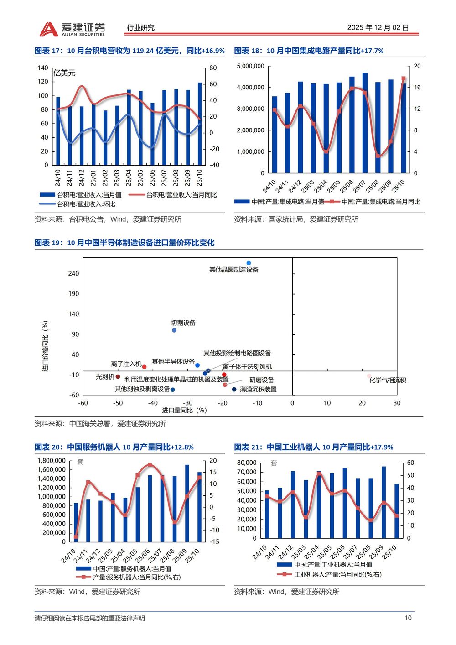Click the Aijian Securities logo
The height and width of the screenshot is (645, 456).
tap(72, 29)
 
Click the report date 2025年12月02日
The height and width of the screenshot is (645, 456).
tap(378, 27)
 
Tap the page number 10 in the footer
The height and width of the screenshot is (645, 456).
tap(408, 618)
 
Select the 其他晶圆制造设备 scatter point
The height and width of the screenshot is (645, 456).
tap(249, 263)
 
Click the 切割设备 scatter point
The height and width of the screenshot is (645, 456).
tap(174, 330)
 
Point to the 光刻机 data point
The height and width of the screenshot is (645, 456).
tap(118, 377)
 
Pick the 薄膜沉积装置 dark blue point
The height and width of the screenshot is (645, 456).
tap(234, 389)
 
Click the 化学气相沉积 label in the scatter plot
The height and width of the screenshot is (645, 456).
tap(387, 380)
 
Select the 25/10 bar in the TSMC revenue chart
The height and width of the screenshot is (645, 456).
tap(200, 123)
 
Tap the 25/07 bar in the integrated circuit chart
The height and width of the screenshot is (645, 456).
tap(365, 123)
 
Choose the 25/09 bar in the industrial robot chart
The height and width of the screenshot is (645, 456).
tap(383, 502)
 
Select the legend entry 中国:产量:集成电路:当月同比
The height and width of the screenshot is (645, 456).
tap(381, 202)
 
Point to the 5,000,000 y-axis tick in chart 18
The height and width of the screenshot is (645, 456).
tap(250, 66)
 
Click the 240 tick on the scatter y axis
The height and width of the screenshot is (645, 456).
tap(73, 273)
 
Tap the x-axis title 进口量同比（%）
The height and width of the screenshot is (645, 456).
tap(184, 410)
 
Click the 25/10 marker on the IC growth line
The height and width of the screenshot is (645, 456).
tap(403, 79)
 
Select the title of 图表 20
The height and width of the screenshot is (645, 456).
tap(114, 447)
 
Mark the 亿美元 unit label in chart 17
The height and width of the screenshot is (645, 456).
tap(64, 73)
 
